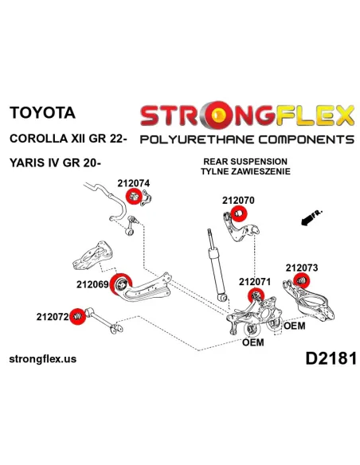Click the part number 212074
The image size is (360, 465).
point(134,183)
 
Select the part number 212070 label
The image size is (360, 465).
point(238,201)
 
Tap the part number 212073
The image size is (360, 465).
point(302,268)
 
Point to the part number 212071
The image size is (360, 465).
point(255,282)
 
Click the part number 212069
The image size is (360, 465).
point(92,284)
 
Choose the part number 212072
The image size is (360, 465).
point(53,317)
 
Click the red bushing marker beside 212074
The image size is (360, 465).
point(133,197)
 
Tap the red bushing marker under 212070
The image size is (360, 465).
point(239,213)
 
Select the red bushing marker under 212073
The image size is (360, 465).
point(302,281)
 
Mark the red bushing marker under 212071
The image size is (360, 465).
point(256,295)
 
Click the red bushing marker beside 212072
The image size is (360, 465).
point(77,316)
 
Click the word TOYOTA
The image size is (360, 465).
point(42,113)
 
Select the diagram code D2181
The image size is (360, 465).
point(331,358)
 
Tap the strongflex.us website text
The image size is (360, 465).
point(43,359)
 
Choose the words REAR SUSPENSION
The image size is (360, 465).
point(245,162)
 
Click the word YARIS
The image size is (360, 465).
point(27,162)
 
